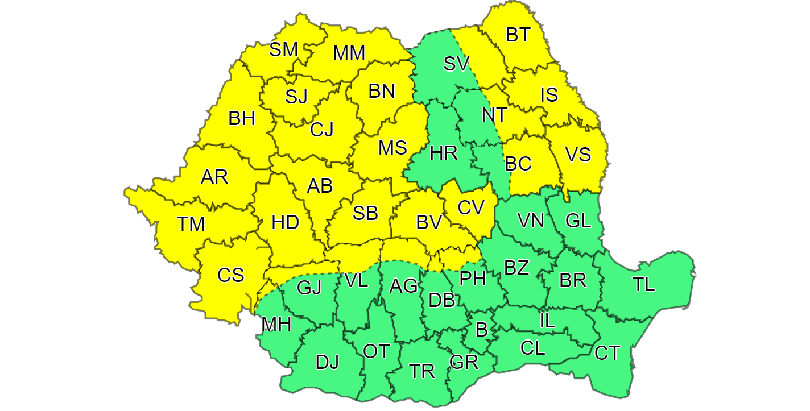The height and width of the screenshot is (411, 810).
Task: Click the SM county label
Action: pyautogui.click(x=283, y=50)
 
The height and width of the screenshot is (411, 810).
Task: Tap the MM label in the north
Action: pyautogui.click(x=349, y=53)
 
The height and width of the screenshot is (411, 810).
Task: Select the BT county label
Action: pyautogui.click(x=518, y=35)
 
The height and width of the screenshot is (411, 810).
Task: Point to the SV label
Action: pyautogui.click(x=456, y=64)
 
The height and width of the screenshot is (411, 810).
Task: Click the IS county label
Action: pyautogui.click(x=549, y=94)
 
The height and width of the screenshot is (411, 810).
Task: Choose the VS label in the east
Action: pyautogui.click(x=578, y=155)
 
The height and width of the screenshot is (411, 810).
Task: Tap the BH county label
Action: pyautogui.click(x=242, y=119)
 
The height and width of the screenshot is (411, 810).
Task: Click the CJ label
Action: pyautogui.click(x=322, y=130)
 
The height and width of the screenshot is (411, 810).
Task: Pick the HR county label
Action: pyautogui.click(x=444, y=153)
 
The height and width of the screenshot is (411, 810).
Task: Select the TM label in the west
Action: pyautogui.click(x=191, y=225)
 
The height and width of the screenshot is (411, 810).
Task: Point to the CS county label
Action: pyautogui.click(x=231, y=275)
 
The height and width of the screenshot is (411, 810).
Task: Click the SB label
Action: pyautogui.click(x=365, y=213)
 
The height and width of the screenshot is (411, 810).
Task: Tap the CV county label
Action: pyautogui.click(x=470, y=207)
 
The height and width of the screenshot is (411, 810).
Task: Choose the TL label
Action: pyautogui.click(x=644, y=284)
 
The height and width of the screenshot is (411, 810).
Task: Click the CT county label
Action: pyautogui.click(x=607, y=354)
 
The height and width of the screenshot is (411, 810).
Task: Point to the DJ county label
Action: pyautogui.click(x=327, y=362)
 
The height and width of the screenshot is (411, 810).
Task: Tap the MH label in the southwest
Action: pyautogui.click(x=276, y=325)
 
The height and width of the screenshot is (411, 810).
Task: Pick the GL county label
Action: pyautogui.click(x=579, y=220)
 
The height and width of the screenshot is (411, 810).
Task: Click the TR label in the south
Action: pyautogui.click(x=422, y=371)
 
